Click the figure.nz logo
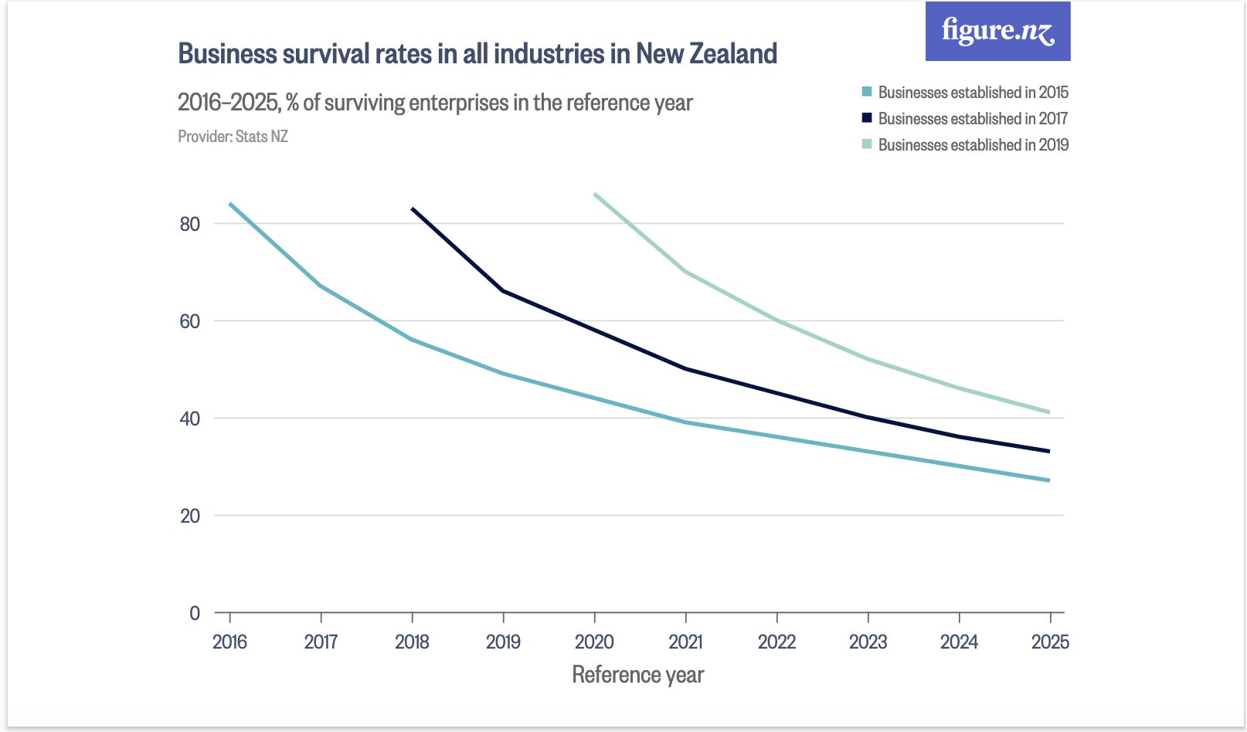pos(997,32)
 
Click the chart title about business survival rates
pos(477,54)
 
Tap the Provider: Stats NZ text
pos(233,137)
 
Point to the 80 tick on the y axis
pos(189,224)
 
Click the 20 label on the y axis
pos(189,516)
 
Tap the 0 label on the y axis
pos(195,613)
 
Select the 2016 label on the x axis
pos(229,642)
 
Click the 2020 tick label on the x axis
pos(594,642)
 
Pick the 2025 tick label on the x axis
pos(1050,642)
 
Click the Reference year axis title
pos(637,675)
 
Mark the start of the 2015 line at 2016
pos(230,204)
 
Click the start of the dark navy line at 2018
pos(413,208)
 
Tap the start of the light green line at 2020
pos(595,195)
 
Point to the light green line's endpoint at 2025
pos(1049,412)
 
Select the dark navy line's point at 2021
pos(686,369)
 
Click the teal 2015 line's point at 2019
pos(504,374)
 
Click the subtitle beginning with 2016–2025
pos(435,103)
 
